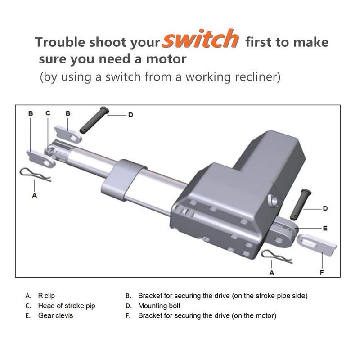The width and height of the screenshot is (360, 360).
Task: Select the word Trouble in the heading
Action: (x=58, y=43)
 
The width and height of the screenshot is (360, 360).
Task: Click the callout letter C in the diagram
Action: (x=48, y=114)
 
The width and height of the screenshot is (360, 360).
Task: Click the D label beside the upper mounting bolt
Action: (x=130, y=115)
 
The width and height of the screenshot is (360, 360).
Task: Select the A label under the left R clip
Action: (x=35, y=196)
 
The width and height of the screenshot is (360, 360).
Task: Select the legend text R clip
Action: (x=48, y=296)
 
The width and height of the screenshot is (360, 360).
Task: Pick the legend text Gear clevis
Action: (x=55, y=316)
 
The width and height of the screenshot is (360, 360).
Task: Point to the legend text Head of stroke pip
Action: (x=67, y=306)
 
